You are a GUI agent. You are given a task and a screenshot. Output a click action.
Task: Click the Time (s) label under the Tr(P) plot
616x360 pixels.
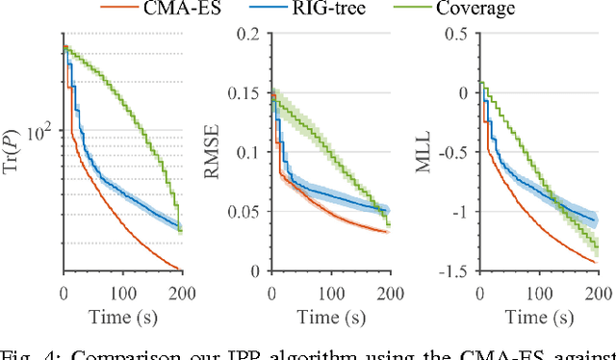122,318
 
